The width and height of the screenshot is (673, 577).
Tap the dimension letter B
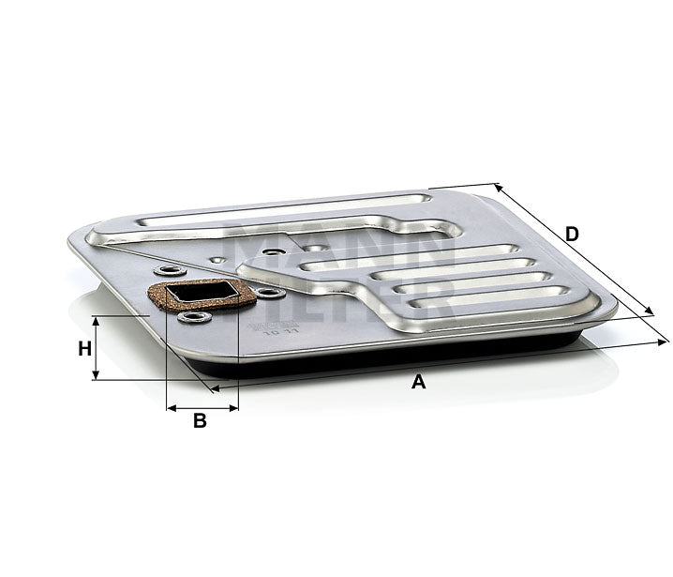click(x=200, y=421)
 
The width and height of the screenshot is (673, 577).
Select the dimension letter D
click(x=573, y=234)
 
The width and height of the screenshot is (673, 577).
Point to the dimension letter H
click(x=84, y=348)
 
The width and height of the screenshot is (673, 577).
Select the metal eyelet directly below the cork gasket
click(x=195, y=316)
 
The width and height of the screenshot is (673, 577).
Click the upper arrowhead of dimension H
click(x=96, y=320)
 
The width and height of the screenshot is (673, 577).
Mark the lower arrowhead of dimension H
click(x=96, y=376)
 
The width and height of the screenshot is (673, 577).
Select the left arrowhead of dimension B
click(x=170, y=408)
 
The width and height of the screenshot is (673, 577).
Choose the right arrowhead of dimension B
click(x=234, y=408)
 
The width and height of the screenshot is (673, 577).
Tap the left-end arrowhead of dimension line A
click(x=217, y=387)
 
